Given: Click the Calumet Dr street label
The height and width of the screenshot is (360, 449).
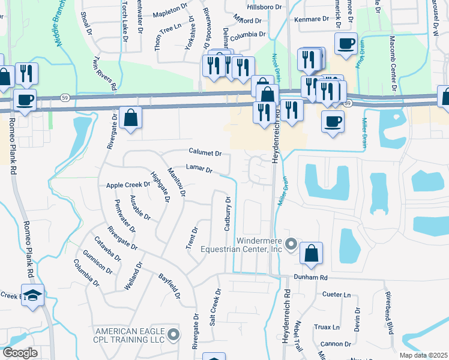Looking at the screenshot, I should (205, 152).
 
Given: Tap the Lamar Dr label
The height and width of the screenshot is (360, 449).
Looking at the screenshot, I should (199, 170).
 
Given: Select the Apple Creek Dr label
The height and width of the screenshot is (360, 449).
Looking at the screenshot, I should (127, 185).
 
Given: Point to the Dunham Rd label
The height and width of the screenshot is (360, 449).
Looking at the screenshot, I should (310, 278).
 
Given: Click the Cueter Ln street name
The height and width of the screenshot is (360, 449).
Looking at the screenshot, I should (336, 295).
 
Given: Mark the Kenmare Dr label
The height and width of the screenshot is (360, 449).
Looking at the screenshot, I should (312, 19).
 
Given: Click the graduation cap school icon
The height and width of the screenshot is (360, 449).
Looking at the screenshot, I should (34, 294).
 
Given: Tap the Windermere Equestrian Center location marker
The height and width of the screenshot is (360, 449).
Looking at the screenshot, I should (291, 244).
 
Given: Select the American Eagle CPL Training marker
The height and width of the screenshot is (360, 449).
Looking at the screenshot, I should (174, 335).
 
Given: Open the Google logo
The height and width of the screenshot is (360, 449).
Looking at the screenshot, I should (20, 353).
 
